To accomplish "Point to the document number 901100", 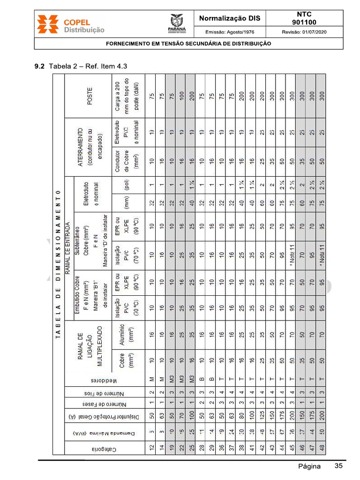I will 304,22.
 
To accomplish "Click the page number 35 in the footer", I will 339,466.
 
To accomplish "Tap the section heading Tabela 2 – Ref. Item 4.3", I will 88,66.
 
